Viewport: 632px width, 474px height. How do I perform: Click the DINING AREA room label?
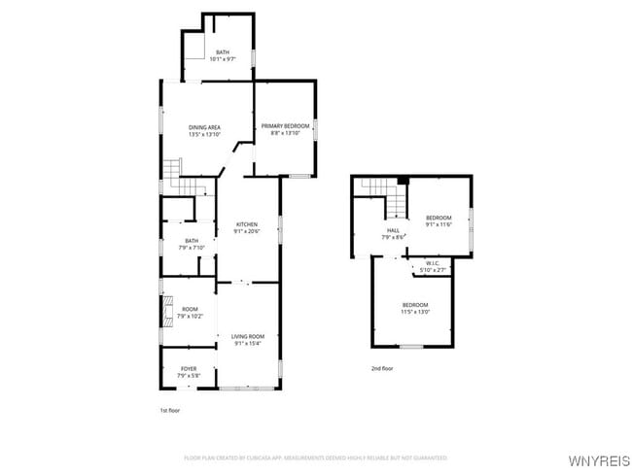204,127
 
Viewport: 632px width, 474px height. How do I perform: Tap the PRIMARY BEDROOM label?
285,126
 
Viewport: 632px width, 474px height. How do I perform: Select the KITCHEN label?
247,224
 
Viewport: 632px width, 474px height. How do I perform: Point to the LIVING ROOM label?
247,336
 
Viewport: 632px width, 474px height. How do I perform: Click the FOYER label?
189,368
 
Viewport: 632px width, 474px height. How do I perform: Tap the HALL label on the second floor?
394,230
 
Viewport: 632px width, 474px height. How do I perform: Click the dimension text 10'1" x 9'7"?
223,58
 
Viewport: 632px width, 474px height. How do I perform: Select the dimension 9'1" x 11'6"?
439,224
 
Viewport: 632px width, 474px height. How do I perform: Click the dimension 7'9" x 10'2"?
189,316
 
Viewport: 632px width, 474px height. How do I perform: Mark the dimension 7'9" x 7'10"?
192,248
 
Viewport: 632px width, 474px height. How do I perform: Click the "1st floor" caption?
170,410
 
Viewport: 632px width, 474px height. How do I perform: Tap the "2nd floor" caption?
382,368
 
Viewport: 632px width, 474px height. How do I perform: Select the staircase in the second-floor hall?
397,199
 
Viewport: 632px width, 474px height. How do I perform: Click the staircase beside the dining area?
173,172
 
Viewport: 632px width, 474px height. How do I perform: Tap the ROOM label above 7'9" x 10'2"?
189,309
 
